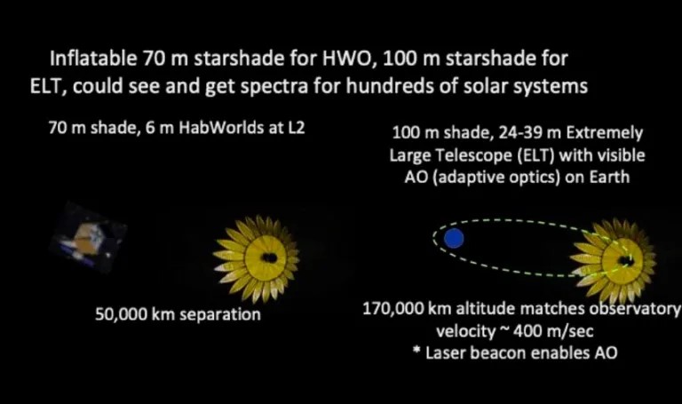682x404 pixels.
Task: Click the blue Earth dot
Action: point(454,238)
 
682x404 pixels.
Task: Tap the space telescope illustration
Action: point(88,238)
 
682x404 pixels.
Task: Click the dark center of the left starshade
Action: point(269,257)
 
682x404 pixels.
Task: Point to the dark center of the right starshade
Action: point(626,261)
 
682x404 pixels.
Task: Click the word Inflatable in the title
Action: point(93,59)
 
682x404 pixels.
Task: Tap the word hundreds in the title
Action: point(394,86)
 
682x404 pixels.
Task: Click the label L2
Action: point(296,128)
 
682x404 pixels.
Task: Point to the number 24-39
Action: point(520,132)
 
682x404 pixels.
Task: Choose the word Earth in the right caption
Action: point(609,177)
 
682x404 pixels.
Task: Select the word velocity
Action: point(466,331)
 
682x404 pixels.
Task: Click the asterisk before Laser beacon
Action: point(416,349)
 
